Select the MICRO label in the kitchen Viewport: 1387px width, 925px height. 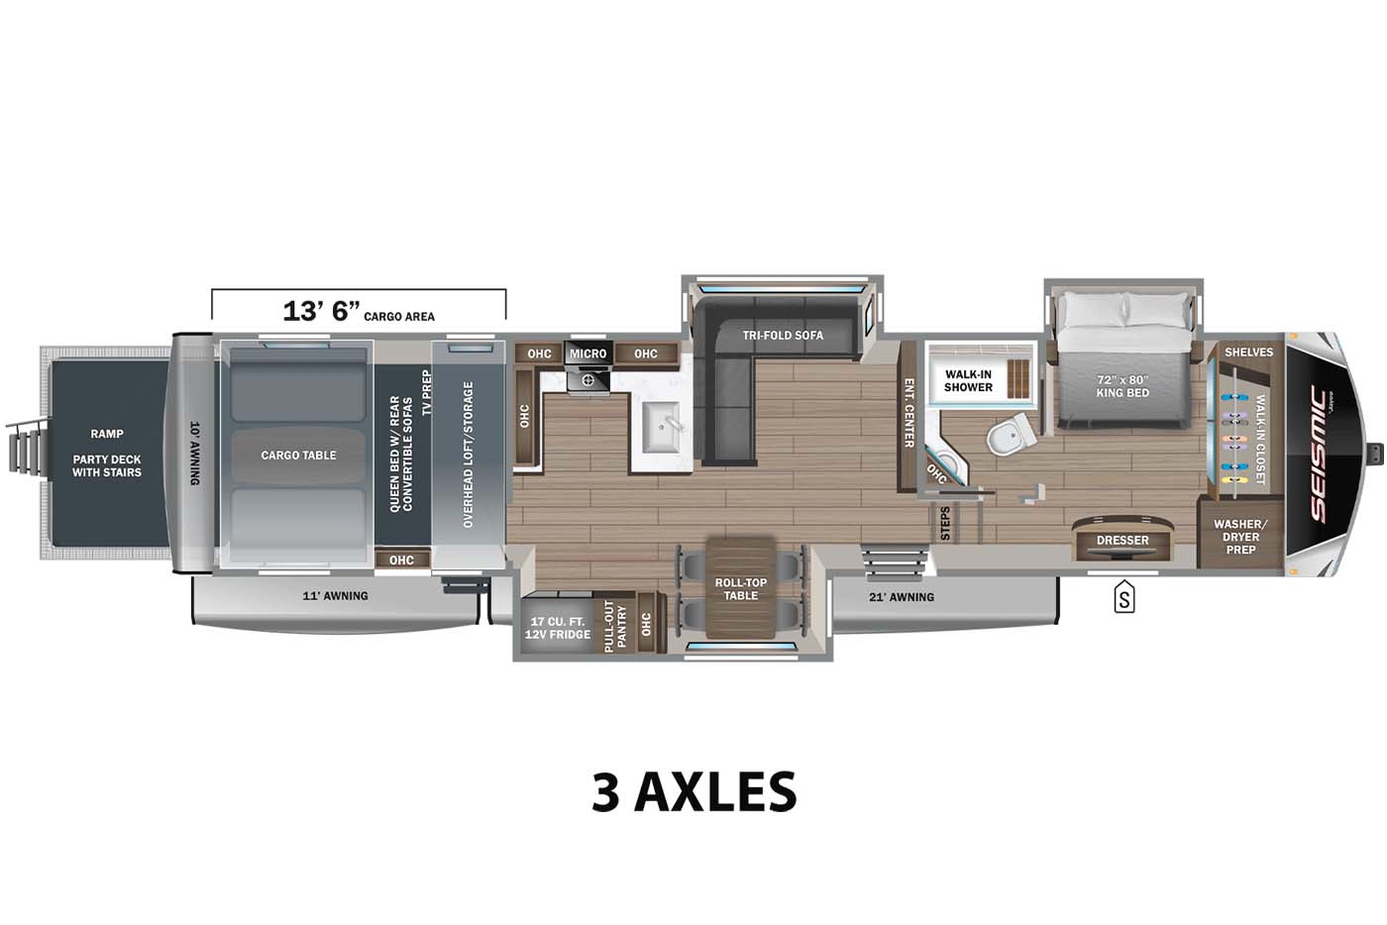click(587, 354)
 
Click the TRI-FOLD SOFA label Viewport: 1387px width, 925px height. click(783, 336)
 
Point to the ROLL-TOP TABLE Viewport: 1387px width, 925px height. click(740, 589)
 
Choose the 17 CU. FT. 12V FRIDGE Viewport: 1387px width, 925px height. click(558, 628)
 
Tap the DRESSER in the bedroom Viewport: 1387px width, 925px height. click(1122, 541)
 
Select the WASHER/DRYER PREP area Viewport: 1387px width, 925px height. click(1240, 536)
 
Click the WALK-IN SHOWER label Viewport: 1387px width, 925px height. click(968, 380)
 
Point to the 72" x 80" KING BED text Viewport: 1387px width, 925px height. click(1122, 386)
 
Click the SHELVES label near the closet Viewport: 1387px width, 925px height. click(1248, 353)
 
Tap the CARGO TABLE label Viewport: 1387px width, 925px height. click(298, 456)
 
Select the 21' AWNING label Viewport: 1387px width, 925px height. click(902, 597)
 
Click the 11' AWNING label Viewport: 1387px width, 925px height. click(335, 596)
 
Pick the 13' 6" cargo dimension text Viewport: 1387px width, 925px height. click(321, 311)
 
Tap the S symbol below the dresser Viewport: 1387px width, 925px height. click(1123, 598)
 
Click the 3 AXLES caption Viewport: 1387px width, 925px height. click(693, 791)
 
